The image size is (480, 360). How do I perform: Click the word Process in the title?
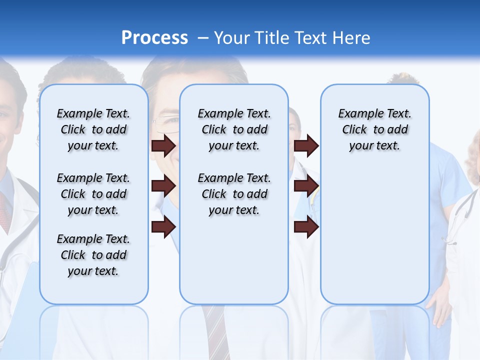154,38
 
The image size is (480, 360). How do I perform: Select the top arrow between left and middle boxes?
163,145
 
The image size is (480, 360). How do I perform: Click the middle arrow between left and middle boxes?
163,186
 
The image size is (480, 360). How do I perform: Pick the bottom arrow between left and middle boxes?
163,226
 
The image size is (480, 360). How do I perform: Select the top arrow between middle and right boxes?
306,145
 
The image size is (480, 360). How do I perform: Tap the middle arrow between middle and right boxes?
306,186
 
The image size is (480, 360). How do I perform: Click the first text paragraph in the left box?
93,129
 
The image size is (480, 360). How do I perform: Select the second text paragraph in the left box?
93,194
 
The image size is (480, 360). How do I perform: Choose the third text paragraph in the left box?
93,255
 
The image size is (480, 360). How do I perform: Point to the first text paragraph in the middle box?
234,129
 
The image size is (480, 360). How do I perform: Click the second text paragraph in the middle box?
234,194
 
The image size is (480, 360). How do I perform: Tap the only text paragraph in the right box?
374,129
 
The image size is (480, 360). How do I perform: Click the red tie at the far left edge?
4,210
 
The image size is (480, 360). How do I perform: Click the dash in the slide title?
203,38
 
